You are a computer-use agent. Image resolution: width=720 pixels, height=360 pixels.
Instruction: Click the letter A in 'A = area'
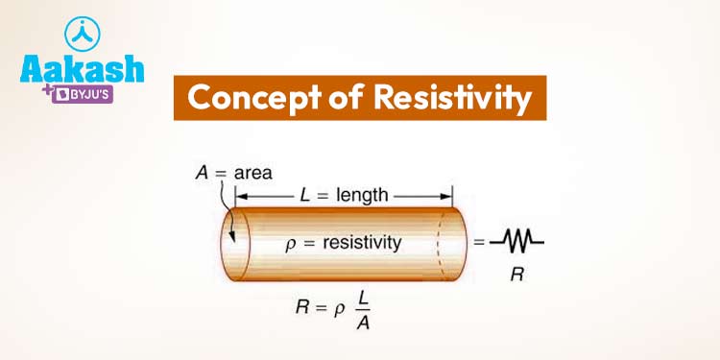click(x=200, y=174)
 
